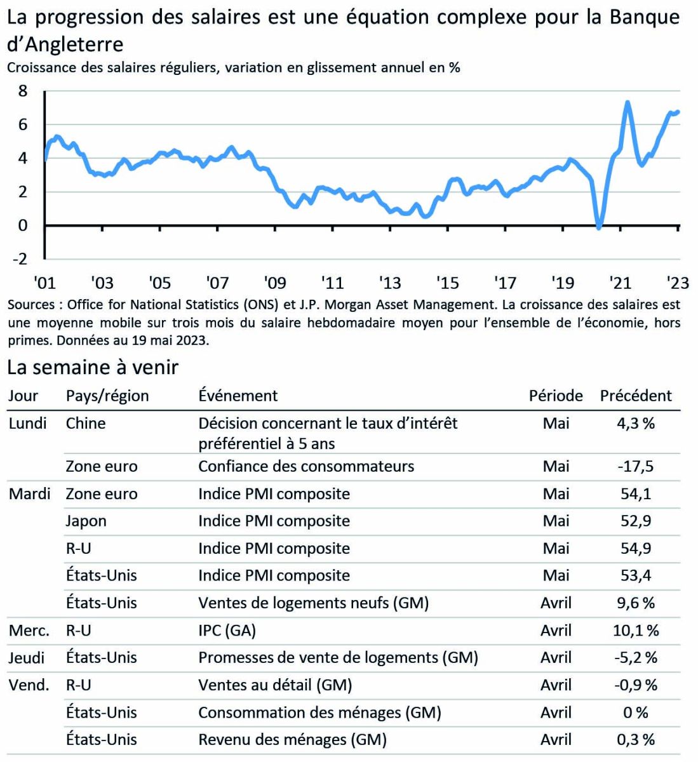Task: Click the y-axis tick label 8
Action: pyautogui.click(x=23, y=91)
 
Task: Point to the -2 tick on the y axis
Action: pyautogui.click(x=20, y=259)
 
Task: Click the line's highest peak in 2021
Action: pyautogui.click(x=627, y=102)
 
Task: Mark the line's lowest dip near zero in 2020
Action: pyautogui.click(x=599, y=227)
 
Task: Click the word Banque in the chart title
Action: pyautogui.click(x=644, y=17)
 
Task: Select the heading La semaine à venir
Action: pyautogui.click(x=93, y=367)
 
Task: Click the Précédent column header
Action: pyautogui.click(x=636, y=396)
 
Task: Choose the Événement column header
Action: pyautogui.click(x=238, y=396)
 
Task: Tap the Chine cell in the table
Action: pyautogui.click(x=86, y=424)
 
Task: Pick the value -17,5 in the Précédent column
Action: pyautogui.click(x=636, y=467)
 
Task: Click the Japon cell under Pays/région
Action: pyautogui.click(x=86, y=521)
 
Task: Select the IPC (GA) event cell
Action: pyautogui.click(x=227, y=631)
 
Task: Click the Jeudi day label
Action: pyautogui.click(x=27, y=658)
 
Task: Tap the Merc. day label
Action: pyautogui.click(x=29, y=631)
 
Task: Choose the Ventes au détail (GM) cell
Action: pyautogui.click(x=275, y=685)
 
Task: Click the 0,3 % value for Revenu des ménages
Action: pyautogui.click(x=636, y=740)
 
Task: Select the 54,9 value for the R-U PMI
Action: pyautogui.click(x=636, y=549)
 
